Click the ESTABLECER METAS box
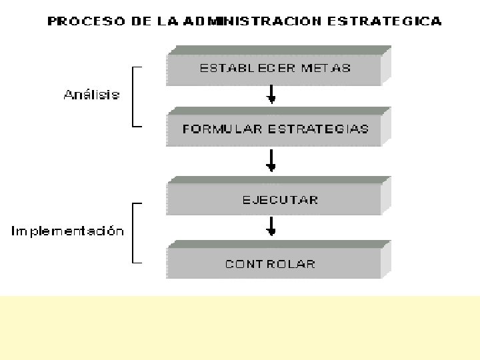(274, 68)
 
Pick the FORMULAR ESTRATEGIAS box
(274, 129)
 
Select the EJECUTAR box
(274, 199)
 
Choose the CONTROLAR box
(274, 264)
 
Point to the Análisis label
(91, 95)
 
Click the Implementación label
(67, 231)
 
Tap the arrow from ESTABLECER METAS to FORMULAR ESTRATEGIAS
(271, 95)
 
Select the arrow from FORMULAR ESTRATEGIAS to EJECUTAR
(271, 161)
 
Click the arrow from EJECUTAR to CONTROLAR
(271, 226)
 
